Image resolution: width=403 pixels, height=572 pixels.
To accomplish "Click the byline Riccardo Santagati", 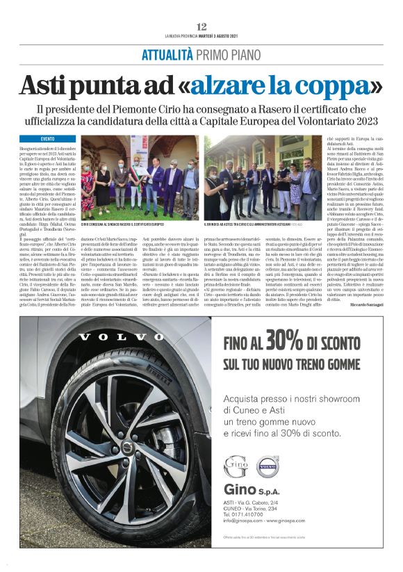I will (362, 304).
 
